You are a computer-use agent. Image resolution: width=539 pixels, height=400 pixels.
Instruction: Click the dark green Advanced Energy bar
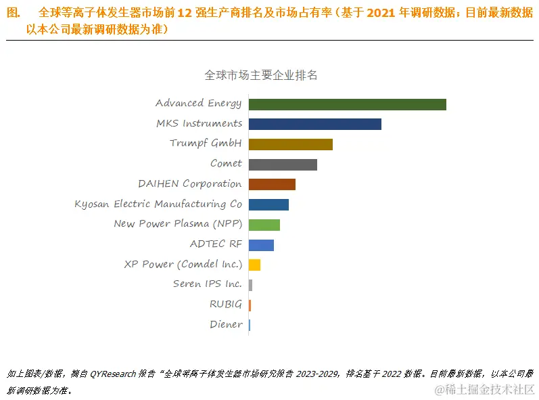[347, 104]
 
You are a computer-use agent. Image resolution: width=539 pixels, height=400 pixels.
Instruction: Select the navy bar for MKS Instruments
[314, 124]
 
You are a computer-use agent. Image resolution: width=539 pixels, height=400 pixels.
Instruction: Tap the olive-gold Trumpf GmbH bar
[290, 144]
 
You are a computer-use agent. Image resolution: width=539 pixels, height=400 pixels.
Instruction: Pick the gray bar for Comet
[283, 164]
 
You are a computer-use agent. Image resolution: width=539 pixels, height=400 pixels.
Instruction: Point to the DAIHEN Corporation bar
[272, 184]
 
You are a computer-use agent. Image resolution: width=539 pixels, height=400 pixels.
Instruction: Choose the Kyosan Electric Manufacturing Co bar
[268, 204]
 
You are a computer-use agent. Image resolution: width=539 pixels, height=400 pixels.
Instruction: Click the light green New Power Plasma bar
[264, 225]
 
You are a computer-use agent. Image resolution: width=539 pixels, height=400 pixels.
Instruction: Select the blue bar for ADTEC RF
[261, 244]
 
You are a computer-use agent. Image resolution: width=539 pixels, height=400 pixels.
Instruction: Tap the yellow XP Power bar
[254, 265]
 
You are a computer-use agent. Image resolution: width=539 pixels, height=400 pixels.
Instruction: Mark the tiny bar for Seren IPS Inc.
[250, 285]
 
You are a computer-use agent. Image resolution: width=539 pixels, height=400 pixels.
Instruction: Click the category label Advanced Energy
[198, 104]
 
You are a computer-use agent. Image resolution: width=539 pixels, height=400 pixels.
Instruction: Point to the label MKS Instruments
[199, 124]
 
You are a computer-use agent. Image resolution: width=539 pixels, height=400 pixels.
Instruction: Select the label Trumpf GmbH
[206, 143]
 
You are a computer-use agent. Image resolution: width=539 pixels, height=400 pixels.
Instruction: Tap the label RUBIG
[225, 305]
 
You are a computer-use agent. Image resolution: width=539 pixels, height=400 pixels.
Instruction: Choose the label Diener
[226, 325]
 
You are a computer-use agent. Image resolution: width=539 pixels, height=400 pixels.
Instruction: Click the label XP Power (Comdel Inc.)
[183, 265]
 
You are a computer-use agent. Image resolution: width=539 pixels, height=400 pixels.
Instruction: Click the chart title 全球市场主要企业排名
[261, 75]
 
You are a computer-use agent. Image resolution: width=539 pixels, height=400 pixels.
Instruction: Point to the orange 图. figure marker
[14, 13]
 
